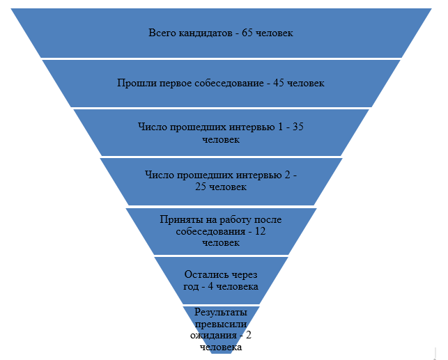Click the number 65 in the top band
pyautogui.click(x=247, y=33)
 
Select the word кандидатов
pyautogui.click(x=206, y=33)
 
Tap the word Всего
pyautogui.click(x=162, y=33)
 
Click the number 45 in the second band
pyautogui.click(x=279, y=83)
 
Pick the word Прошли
pyautogui.click(x=137, y=83)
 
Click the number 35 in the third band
pyautogui.click(x=298, y=127)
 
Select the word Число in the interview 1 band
pyautogui.click(x=153, y=127)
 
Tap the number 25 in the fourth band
pyautogui.click(x=201, y=187)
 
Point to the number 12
pyautogui.click(x=261, y=231)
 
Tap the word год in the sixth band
pyautogui.click(x=191, y=287)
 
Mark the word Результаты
pyautogui.click(x=221, y=313)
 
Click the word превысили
pyautogui.click(x=221, y=324)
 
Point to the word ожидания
pyautogui.click(x=213, y=336)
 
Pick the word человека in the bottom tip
pyautogui.click(x=221, y=347)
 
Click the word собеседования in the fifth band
pyautogui.click(x=210, y=231)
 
